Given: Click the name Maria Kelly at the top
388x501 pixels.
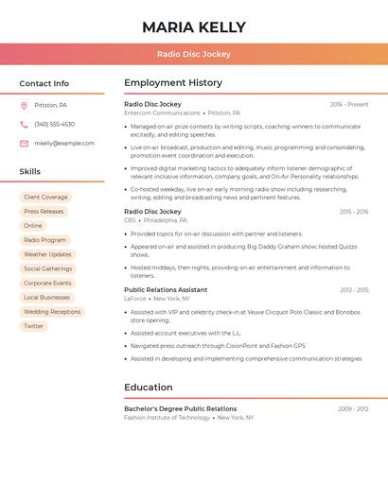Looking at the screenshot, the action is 194,27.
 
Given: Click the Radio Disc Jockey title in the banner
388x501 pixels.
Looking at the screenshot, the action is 194,54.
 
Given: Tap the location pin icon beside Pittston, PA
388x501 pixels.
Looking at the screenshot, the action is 24,105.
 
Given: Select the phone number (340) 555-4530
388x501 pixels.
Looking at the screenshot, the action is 54,124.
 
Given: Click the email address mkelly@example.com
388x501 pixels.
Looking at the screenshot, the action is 64,143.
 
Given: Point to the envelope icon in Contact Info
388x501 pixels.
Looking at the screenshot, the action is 24,143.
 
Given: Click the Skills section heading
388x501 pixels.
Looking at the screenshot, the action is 30,171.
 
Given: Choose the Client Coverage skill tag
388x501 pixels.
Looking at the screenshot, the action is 45,198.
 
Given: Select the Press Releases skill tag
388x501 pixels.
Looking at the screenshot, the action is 44,212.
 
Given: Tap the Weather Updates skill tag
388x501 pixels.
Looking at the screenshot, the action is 47,254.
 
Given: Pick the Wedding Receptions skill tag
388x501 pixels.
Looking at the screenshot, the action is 52,312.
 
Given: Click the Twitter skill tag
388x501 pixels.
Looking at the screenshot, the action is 34,326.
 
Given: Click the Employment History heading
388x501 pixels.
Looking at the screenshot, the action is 173,83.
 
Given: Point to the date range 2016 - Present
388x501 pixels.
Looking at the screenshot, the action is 349,104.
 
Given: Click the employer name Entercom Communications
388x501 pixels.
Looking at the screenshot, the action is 162,112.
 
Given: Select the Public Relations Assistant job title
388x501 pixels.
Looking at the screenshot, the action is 166,289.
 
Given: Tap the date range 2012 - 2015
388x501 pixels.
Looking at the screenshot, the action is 354,290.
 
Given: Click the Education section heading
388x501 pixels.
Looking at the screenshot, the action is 149,387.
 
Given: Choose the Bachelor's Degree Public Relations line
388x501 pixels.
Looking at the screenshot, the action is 180,408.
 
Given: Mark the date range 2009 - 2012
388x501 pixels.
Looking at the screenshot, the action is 353,409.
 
